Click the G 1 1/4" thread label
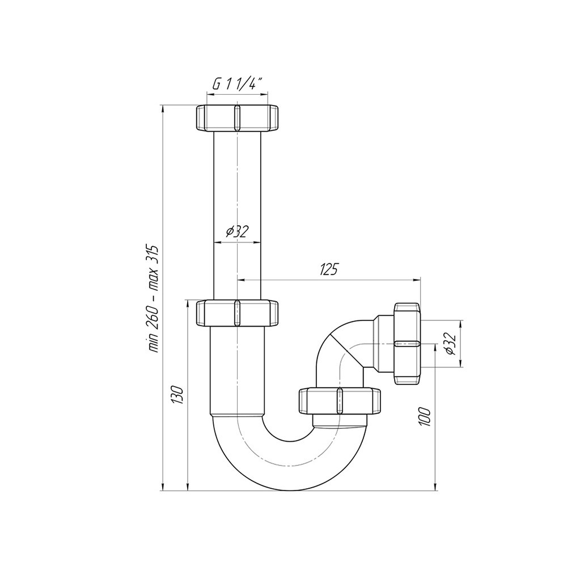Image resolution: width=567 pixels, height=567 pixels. click(x=237, y=84)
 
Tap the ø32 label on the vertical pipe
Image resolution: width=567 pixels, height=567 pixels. click(x=238, y=231)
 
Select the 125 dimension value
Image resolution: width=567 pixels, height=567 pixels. click(x=329, y=269)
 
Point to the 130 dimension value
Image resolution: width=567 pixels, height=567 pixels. click(x=177, y=395)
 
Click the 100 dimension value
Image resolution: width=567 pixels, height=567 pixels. click(x=425, y=417)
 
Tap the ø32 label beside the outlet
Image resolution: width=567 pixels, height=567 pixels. click(x=451, y=344)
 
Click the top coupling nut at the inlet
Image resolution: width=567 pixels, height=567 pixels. click(x=237, y=118)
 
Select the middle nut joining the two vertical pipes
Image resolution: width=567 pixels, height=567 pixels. click(x=237, y=313)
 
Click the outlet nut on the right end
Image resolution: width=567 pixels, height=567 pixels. click(x=408, y=344)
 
